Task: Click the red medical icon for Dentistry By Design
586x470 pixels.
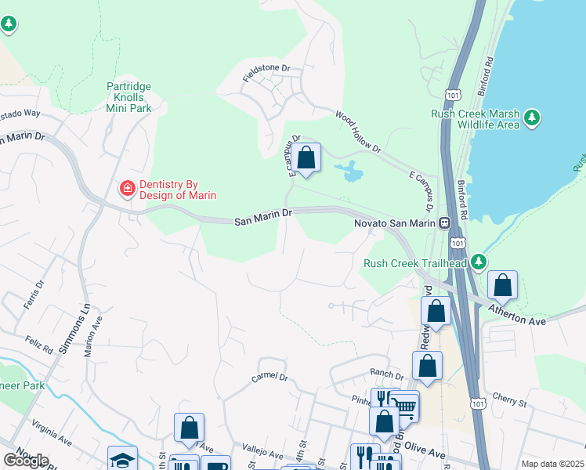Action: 126,188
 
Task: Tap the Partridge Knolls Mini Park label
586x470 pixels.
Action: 128,97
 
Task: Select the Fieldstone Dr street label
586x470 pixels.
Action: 265,69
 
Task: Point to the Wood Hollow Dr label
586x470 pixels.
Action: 357,132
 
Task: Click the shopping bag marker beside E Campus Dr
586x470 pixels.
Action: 308,157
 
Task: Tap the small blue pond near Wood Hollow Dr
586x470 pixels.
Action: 349,170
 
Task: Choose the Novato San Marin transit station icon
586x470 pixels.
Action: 443,223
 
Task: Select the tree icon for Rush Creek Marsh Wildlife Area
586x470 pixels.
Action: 532,118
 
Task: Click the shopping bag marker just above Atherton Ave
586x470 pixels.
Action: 502,286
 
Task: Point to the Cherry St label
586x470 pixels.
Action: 509,402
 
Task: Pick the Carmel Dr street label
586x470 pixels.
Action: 270,377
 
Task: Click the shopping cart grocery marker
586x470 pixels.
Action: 404,406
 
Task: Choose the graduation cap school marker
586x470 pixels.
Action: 122,459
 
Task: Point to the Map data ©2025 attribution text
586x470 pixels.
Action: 552,464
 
